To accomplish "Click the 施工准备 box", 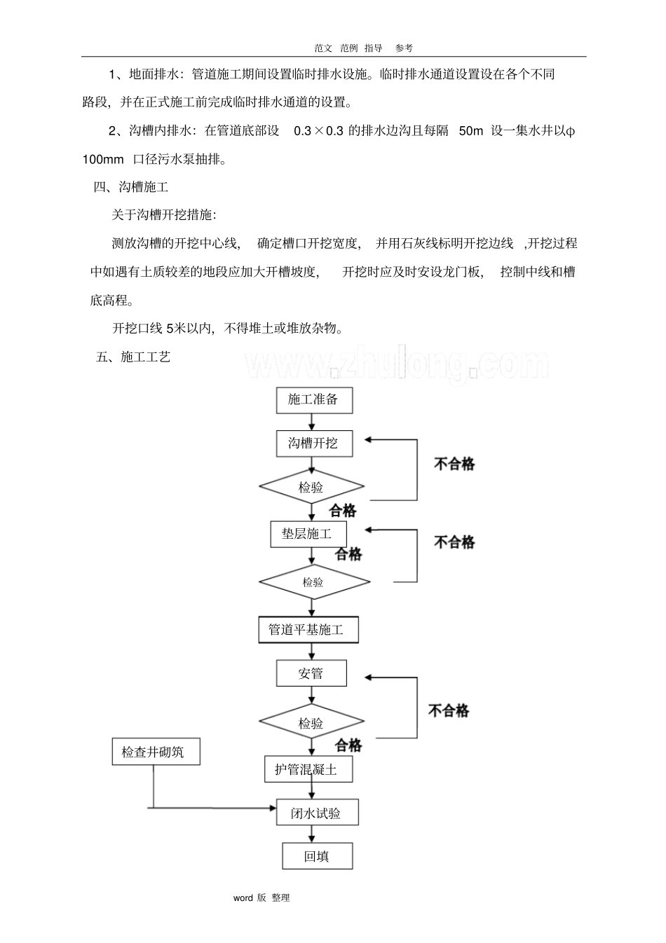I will pyautogui.click(x=313, y=400).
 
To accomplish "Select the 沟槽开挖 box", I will pyautogui.click(x=313, y=443).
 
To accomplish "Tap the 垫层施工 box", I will pyautogui.click(x=308, y=534).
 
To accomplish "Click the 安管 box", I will pyautogui.click(x=311, y=674).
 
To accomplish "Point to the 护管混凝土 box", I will pyautogui.click(x=307, y=769).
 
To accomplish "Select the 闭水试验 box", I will pyautogui.click(x=317, y=813).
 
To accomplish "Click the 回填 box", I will pyautogui.click(x=317, y=856).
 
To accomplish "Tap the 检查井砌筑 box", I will pyautogui.click(x=156, y=752).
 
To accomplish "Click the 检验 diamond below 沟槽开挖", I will pyautogui.click(x=312, y=487).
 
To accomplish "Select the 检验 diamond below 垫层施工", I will pyautogui.click(x=313, y=582).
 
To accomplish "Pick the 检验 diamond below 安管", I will pyautogui.click(x=312, y=722).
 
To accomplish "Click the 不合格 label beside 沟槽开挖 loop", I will pyautogui.click(x=454, y=464).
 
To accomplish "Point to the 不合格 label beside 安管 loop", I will pyautogui.click(x=449, y=710).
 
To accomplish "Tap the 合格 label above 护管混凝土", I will pyautogui.click(x=348, y=745).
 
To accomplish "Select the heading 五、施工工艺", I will pyautogui.click(x=133, y=357).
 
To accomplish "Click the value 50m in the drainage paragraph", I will pyautogui.click(x=470, y=131).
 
